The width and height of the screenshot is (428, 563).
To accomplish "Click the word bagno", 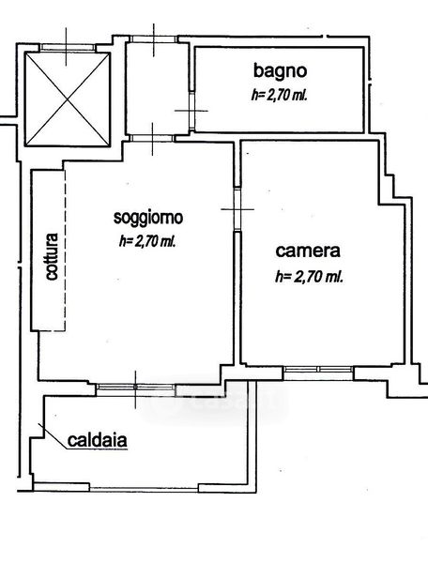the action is click(x=281, y=71).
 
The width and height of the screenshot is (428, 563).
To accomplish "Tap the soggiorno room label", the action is click(x=148, y=218).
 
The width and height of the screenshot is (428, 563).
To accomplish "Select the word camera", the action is click(x=308, y=251).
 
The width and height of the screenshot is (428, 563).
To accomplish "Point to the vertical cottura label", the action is click(x=52, y=256).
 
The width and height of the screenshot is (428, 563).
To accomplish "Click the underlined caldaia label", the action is click(x=98, y=440).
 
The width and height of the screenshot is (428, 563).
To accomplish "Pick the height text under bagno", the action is click(x=280, y=96).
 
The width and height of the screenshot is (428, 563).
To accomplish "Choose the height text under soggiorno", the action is click(x=147, y=242).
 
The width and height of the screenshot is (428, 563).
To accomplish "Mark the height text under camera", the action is click(x=309, y=277).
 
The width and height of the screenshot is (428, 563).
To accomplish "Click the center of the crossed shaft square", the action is click(x=68, y=99).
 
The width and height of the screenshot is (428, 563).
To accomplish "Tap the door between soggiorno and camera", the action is click(x=237, y=209).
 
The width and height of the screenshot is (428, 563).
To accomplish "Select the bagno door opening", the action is click(x=191, y=111).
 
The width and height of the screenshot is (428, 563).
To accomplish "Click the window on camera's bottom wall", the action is click(x=318, y=369).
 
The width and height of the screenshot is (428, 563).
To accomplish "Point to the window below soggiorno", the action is click(x=136, y=387).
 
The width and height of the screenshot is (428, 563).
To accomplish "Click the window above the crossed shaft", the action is click(x=68, y=47).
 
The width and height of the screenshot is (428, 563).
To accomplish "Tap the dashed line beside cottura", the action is click(x=65, y=250).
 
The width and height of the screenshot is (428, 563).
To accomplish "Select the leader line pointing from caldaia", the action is click(x=53, y=436).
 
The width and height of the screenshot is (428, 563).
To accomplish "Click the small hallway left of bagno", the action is click(x=157, y=88).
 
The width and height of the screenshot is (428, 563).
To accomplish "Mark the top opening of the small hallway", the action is click(x=153, y=39).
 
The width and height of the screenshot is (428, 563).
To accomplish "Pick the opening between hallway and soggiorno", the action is click(x=152, y=138).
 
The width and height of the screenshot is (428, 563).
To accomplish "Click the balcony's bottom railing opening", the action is click(x=144, y=489).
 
